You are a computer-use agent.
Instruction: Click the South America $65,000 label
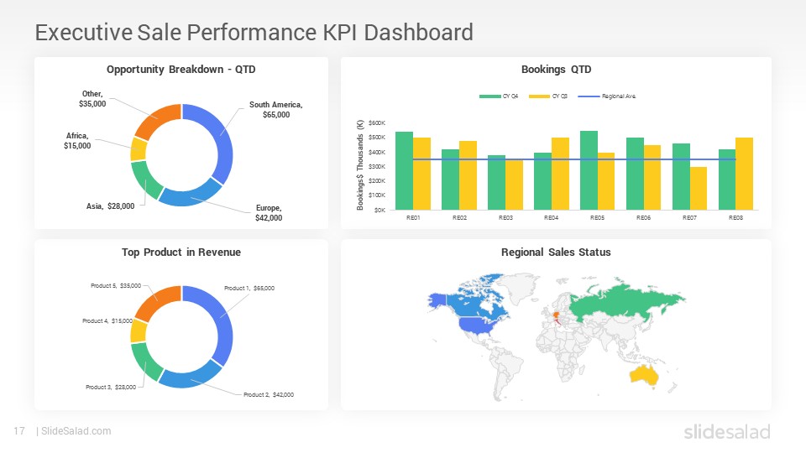pyautogui.click(x=275, y=109)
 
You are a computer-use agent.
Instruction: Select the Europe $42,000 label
pyautogui.click(x=269, y=212)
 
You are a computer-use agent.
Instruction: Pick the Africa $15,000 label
pyautogui.click(x=77, y=140)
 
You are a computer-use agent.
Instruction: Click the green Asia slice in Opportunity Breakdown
pyautogui.click(x=144, y=180)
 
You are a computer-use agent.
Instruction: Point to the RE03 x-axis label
pyautogui.click(x=505, y=218)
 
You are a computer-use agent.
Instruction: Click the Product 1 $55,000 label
pyautogui.click(x=249, y=288)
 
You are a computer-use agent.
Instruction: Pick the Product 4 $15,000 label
pyautogui.click(x=107, y=320)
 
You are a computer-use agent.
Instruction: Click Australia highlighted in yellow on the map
pyautogui.click(x=645, y=377)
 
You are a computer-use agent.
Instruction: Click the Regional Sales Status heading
pyautogui.click(x=556, y=252)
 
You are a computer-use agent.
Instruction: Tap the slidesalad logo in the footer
pyautogui.click(x=726, y=432)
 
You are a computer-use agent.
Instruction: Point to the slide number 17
pyautogui.click(x=18, y=431)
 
